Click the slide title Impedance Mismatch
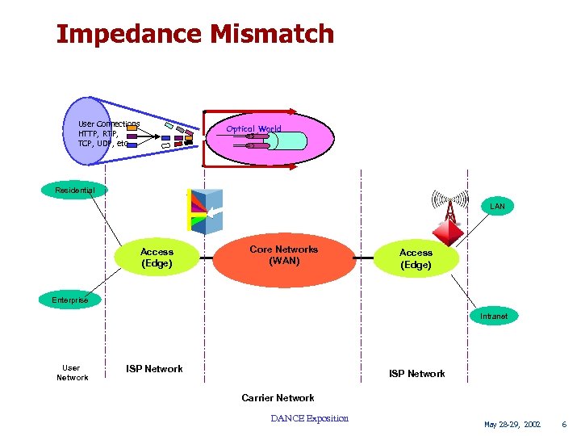194,34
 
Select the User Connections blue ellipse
87,133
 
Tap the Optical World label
253,128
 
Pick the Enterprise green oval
70,300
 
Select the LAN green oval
497,207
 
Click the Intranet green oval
494,317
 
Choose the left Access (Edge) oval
157,258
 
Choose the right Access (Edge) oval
416,258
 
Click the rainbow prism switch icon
205,212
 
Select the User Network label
72,372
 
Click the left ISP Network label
154,369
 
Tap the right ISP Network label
416,374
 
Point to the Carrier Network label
278,397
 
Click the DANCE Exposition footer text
310,418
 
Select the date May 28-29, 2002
512,424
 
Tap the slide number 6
564,424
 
